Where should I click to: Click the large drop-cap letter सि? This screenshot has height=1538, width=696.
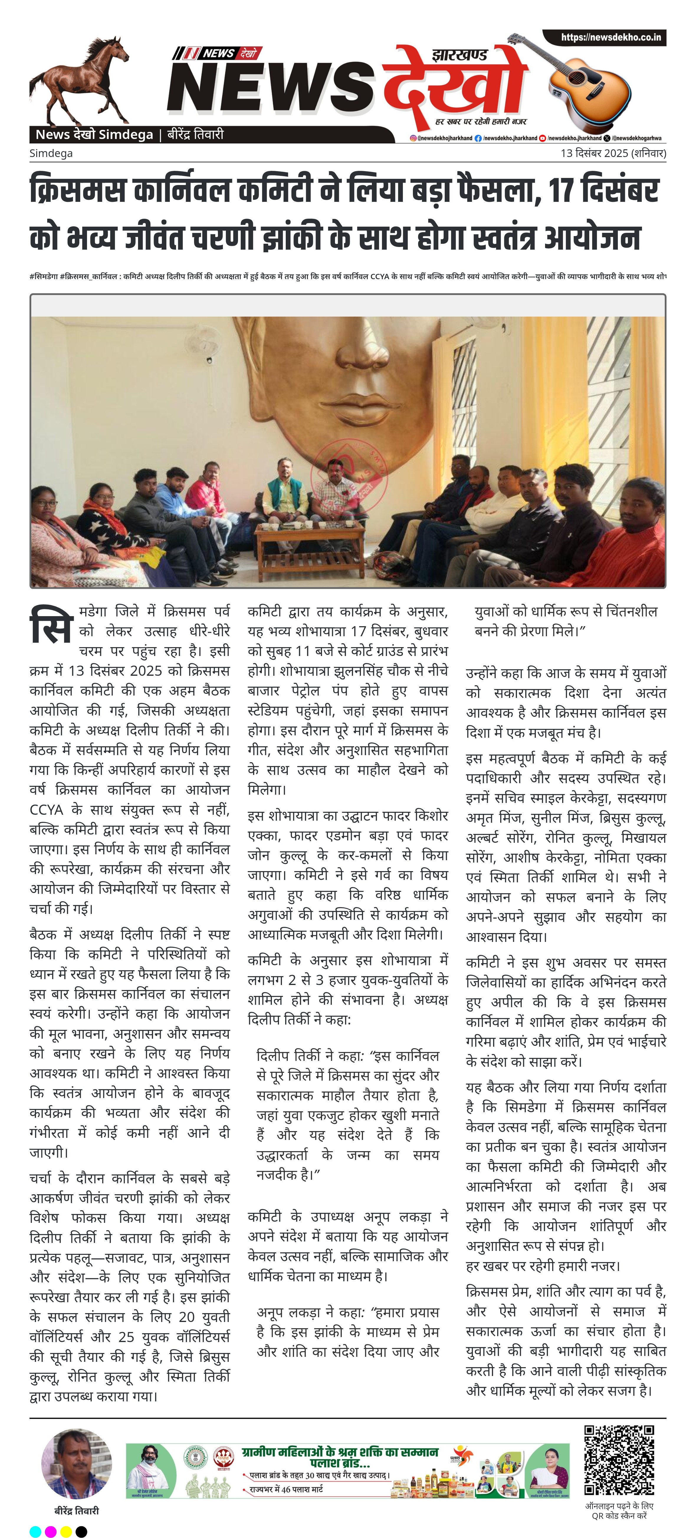(51, 625)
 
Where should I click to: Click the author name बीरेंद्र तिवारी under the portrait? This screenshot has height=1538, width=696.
(76, 1511)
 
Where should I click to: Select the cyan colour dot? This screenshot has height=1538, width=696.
(35, 1531)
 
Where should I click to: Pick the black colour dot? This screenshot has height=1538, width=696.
(81, 1531)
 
